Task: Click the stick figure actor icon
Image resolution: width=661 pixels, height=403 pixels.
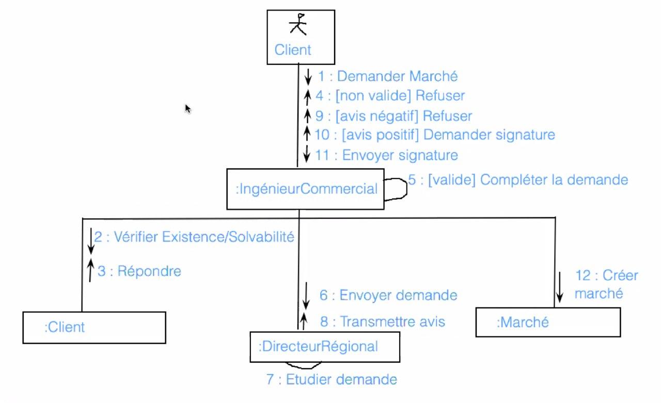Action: (x=298, y=24)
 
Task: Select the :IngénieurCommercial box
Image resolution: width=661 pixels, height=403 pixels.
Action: (x=305, y=189)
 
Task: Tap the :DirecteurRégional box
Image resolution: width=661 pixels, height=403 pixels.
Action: (x=325, y=346)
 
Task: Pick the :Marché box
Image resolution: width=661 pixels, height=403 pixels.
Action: (x=547, y=323)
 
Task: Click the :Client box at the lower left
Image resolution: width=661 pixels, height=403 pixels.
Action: (x=94, y=327)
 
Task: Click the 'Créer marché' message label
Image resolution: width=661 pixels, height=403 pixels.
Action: (x=606, y=284)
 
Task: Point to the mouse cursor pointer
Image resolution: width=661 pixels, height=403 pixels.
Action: (x=188, y=108)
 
